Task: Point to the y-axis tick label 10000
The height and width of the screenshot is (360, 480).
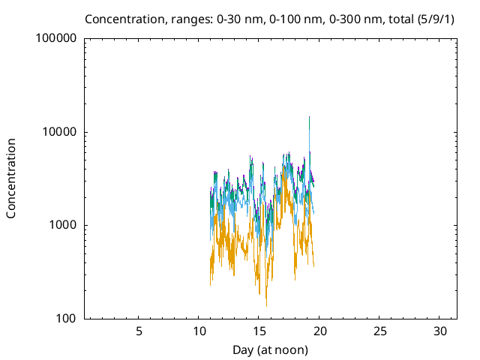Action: point(59,132)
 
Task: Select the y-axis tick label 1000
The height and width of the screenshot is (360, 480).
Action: point(62,225)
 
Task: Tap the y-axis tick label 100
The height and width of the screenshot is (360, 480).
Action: point(66,319)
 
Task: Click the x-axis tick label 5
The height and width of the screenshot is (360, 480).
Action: point(139,331)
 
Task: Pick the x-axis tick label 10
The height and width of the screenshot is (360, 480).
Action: point(199,331)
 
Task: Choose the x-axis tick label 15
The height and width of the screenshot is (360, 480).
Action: point(259,331)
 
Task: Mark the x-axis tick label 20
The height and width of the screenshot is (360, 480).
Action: point(319,331)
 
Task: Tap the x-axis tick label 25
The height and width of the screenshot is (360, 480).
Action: point(380,331)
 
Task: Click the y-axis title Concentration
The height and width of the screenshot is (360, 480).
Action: point(11,178)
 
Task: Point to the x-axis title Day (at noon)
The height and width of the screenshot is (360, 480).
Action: point(271,349)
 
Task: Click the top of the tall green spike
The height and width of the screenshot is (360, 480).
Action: point(309,117)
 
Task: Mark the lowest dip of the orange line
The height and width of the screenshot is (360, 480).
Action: point(266,305)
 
